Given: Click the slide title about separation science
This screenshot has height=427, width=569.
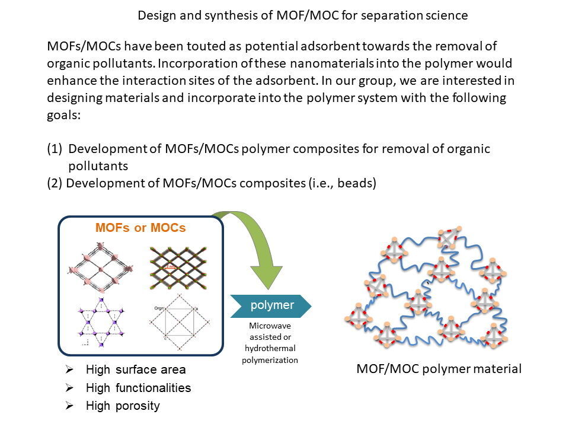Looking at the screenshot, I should point(302,15).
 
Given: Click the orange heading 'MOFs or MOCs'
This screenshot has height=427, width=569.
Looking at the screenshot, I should point(140,228).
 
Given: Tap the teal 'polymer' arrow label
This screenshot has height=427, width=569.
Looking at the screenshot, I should point(272,305).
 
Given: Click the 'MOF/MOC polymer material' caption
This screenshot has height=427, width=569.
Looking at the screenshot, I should point(439,369).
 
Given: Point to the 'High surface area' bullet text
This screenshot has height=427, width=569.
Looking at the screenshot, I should point(136,370).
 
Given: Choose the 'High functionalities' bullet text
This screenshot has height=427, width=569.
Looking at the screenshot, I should point(138,388).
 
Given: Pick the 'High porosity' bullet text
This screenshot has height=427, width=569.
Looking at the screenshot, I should point(123,406).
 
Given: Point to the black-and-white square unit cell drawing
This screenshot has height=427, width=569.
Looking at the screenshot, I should point(178,321).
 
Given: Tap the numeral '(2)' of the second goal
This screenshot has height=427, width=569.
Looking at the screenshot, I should point(55,183).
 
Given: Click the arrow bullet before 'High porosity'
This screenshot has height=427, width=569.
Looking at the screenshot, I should point(69,406).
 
